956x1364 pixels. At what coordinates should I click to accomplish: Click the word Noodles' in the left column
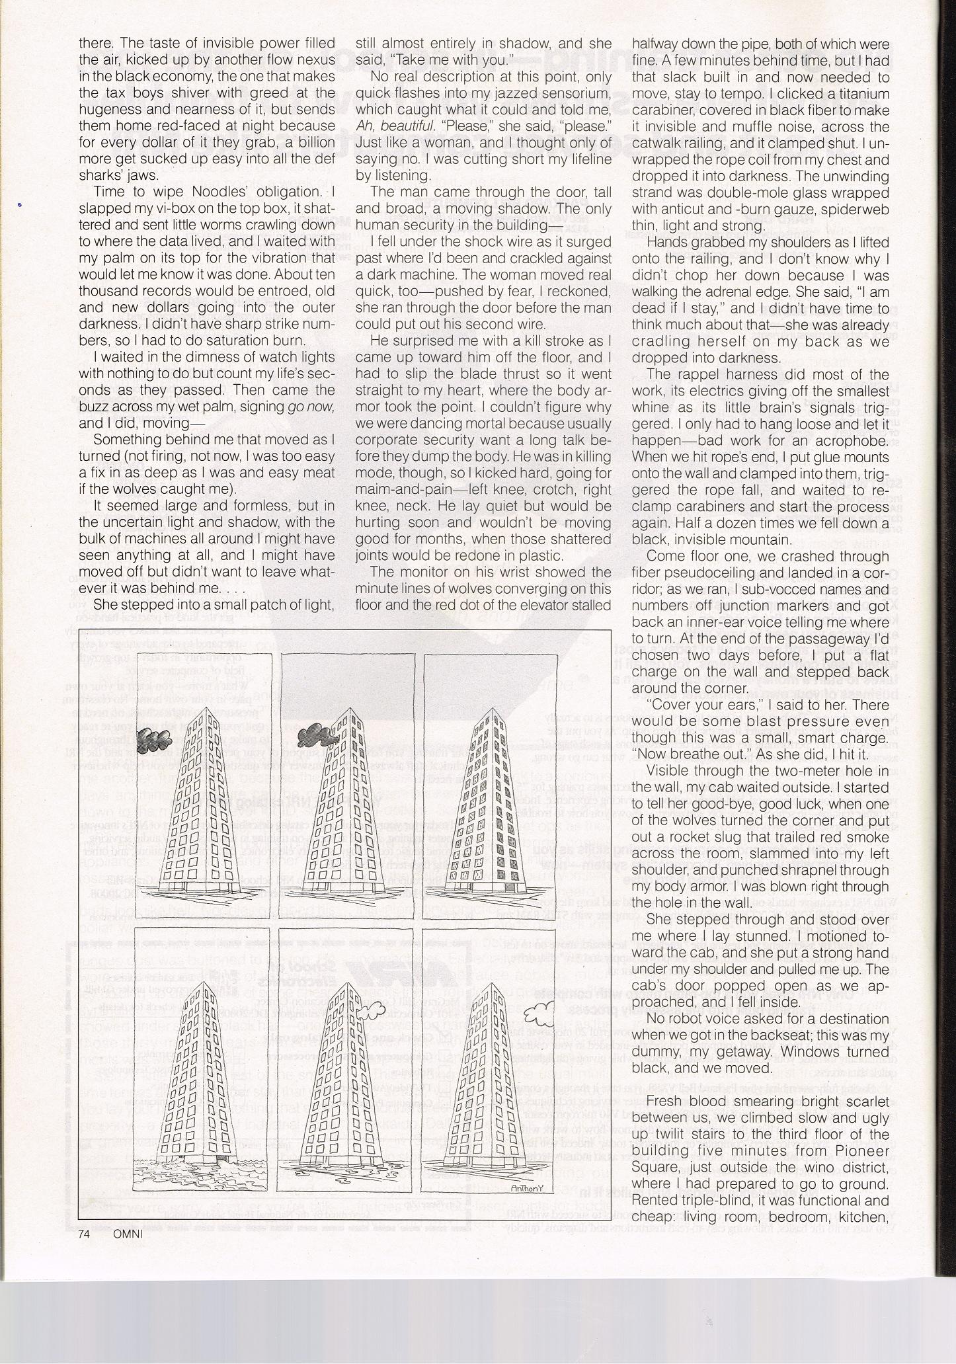pyautogui.click(x=203, y=192)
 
